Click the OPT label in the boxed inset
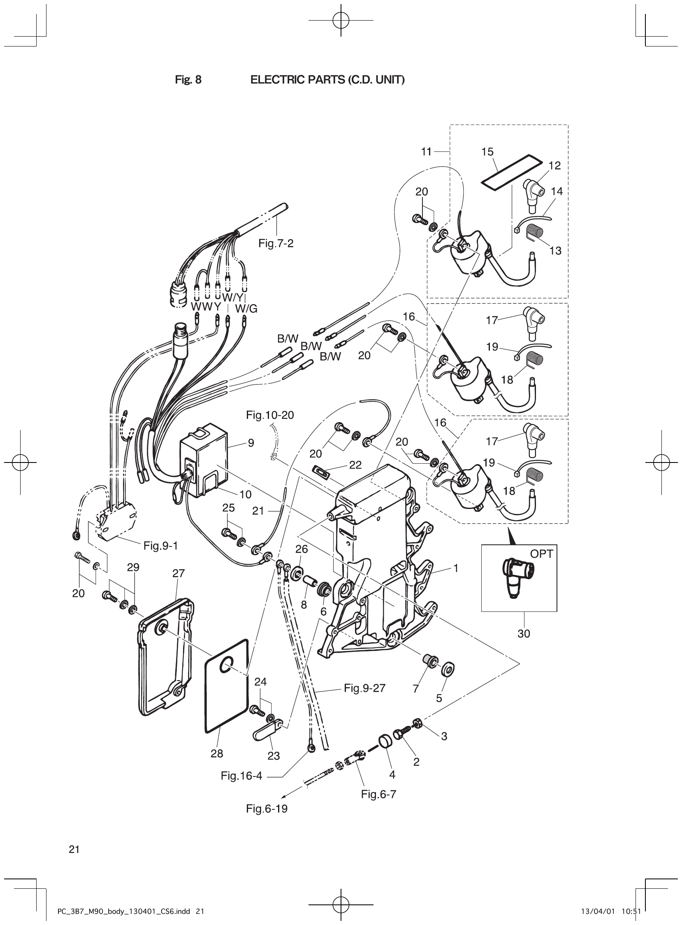541,554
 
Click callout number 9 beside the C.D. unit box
251,443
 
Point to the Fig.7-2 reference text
276,243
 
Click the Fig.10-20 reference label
270,415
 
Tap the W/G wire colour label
246,309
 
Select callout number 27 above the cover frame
179,573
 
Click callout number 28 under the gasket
217,753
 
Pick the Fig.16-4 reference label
241,776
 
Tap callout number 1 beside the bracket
456,568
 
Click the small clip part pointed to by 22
320,472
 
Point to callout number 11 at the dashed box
426,151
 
